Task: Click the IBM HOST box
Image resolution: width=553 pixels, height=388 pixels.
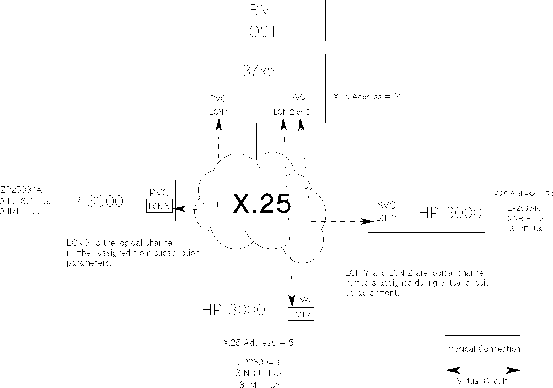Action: click(260, 20)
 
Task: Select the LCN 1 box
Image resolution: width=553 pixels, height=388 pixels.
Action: click(219, 112)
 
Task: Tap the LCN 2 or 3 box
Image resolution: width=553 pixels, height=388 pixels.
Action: click(292, 112)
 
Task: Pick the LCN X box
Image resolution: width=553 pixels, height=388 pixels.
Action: click(159, 206)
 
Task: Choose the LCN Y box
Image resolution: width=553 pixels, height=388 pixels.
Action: click(386, 218)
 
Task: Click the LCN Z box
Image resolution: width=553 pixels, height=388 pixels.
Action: click(301, 314)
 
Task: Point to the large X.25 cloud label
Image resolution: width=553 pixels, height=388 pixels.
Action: click(262, 204)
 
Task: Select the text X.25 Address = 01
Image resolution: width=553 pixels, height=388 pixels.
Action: click(367, 97)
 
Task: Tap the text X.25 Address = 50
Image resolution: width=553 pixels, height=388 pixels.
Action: click(523, 194)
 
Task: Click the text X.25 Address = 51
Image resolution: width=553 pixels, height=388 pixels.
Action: click(260, 343)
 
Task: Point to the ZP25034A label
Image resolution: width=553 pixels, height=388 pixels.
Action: click(21, 190)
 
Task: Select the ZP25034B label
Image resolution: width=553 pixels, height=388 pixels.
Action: click(258, 362)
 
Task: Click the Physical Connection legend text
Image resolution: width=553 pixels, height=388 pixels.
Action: click(482, 349)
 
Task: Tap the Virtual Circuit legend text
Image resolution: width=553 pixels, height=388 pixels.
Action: click(482, 381)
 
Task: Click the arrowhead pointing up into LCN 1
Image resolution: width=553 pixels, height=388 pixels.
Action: click(219, 124)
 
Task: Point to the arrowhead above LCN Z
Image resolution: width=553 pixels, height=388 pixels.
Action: click(292, 301)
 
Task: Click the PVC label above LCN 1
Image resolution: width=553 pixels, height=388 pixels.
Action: click(218, 99)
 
